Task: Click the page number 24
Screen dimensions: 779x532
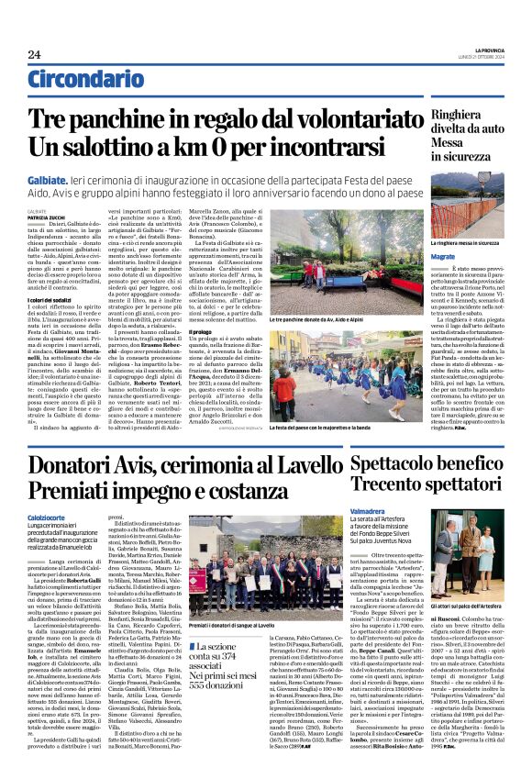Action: pos(34,56)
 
